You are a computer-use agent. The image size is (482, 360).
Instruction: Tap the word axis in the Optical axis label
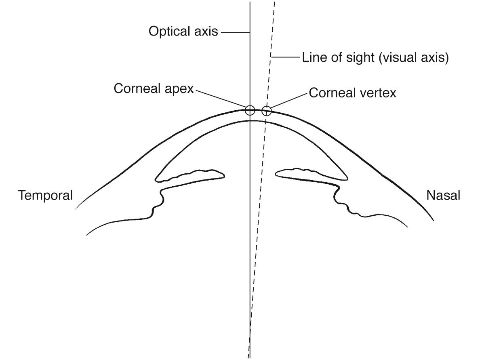[x=204, y=32]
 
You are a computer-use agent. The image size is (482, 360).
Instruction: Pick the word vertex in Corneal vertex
[x=377, y=93]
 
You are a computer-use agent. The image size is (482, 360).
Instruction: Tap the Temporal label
[x=45, y=196]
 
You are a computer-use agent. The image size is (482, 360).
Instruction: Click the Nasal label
[x=443, y=196]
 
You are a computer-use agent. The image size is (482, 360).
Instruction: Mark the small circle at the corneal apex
[x=250, y=110]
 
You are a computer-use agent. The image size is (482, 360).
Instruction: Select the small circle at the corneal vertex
[x=266, y=110]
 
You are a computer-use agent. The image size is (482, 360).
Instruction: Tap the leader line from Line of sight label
[x=286, y=57]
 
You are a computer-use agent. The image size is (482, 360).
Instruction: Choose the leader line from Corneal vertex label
[x=288, y=101]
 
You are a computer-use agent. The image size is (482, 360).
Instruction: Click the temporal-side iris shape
[x=190, y=175]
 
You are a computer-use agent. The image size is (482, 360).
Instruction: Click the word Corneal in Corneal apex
[x=136, y=89]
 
